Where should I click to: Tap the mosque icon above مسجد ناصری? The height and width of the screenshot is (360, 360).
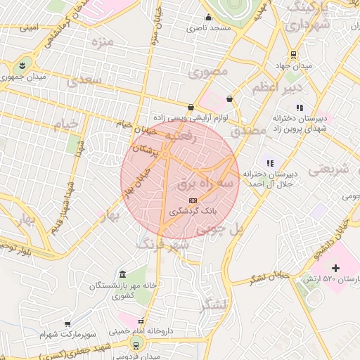(x=208, y=18)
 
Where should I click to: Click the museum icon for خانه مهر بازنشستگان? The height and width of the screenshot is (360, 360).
(x=123, y=274)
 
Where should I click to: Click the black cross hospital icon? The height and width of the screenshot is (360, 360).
(x=335, y=268)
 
